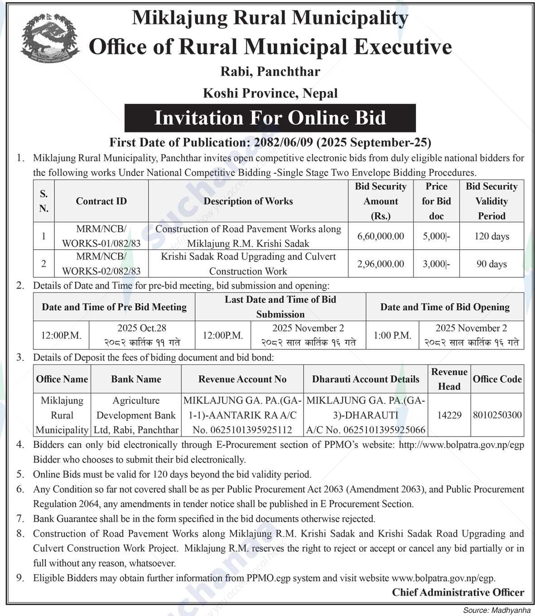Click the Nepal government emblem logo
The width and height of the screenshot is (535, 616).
point(50,38)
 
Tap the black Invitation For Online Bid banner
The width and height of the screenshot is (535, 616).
point(270,118)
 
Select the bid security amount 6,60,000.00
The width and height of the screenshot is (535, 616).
point(381,236)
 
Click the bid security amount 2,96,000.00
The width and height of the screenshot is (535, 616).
point(381,264)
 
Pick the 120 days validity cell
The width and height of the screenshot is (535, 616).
point(492,236)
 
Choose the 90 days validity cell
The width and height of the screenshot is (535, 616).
point(492,264)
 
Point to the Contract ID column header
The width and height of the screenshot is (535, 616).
point(101,201)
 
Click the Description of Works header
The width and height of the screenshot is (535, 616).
point(248,201)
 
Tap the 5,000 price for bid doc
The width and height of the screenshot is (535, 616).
point(436,236)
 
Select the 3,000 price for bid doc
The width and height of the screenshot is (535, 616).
point(436,264)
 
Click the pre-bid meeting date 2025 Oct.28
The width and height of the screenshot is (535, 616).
point(142,328)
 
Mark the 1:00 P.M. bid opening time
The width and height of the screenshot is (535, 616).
point(392,335)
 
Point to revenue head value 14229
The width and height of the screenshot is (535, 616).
point(449,415)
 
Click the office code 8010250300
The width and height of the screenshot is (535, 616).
point(497,415)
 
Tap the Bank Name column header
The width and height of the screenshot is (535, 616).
point(136,379)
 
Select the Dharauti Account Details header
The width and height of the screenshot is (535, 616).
point(366,379)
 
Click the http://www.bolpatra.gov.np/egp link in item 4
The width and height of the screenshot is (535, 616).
point(461,445)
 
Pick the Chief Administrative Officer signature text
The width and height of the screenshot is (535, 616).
point(458,592)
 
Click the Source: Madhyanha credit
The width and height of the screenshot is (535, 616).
point(496,610)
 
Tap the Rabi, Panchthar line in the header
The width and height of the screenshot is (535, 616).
point(270,72)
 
